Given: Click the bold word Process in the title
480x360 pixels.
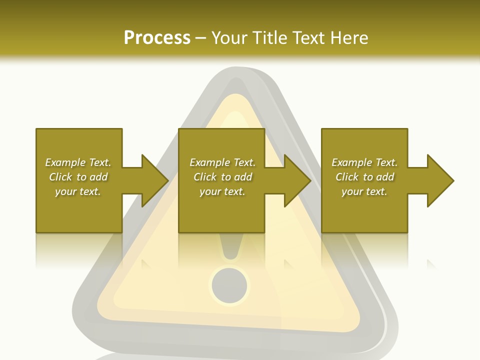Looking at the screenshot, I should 157,37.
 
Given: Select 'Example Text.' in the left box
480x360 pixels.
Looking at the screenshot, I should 78,162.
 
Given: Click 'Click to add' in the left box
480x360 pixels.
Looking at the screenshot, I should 78,177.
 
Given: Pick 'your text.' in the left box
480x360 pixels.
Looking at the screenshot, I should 78,191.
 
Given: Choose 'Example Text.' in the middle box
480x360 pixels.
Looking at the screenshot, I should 222,162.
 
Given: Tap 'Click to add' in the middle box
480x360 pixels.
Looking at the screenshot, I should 222,177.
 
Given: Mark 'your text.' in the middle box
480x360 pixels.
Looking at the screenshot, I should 222,191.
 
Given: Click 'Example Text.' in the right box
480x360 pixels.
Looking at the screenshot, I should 364,162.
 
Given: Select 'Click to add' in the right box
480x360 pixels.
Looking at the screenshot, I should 364,177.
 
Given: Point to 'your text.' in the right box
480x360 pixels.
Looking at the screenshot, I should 364,191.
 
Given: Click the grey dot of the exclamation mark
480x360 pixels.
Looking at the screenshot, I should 229,286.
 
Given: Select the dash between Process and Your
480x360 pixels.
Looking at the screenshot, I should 200,38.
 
